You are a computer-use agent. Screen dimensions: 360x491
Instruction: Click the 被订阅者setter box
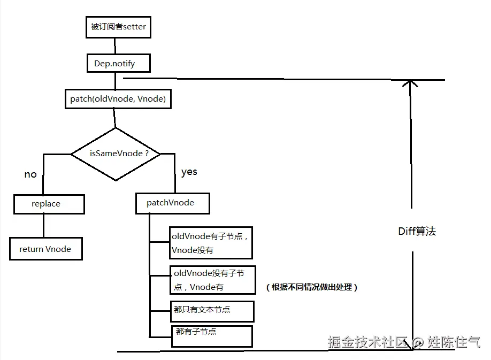coord(118,27)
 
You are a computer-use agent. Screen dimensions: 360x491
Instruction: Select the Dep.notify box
coord(118,64)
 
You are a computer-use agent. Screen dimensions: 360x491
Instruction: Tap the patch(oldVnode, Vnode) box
coord(118,99)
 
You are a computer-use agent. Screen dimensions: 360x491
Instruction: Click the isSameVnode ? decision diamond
coord(116,154)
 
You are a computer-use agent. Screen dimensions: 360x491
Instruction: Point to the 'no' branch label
coord(30,174)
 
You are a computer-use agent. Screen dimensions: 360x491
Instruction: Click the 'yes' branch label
coord(189,172)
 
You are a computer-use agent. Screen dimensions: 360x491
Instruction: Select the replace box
coord(49,204)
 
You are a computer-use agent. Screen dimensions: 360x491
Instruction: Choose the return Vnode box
coord(45,249)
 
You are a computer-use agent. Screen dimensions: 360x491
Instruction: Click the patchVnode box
coord(172,203)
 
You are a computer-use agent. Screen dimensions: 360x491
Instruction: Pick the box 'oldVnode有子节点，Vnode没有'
coord(210,243)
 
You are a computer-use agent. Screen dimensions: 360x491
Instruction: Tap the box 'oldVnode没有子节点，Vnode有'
coord(212,280)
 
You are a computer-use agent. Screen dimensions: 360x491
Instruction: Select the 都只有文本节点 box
coord(210,310)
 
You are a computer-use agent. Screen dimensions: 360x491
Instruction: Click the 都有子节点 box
coord(211,335)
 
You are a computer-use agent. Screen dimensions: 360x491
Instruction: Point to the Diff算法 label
coord(417,231)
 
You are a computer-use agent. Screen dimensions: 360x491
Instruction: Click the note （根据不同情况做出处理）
coord(311,287)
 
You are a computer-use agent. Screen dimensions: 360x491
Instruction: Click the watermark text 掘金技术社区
coord(368,342)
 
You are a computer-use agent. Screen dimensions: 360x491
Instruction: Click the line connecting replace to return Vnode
coord(44,226)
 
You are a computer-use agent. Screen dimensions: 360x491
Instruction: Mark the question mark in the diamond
coord(156,154)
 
